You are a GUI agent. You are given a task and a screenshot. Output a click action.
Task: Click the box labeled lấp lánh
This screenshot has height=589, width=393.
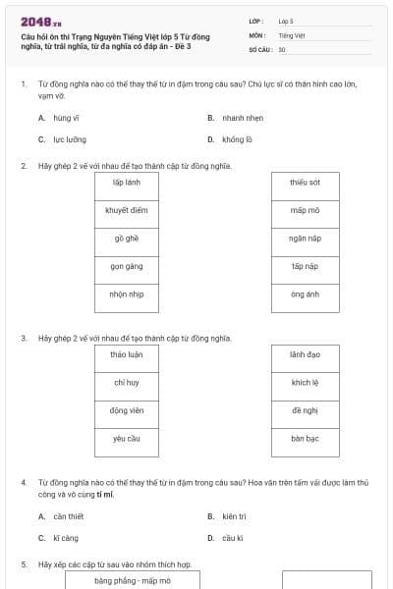point(128,183)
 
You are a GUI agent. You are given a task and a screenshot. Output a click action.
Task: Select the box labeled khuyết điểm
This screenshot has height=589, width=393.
point(128,210)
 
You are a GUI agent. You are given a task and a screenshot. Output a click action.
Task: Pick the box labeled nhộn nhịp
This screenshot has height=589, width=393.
point(128,294)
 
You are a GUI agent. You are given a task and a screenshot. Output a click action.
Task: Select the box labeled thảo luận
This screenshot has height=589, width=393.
point(128,354)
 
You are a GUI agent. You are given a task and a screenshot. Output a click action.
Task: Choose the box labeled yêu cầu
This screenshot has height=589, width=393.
point(128,439)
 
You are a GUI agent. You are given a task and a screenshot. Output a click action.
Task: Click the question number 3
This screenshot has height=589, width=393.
point(24,338)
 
